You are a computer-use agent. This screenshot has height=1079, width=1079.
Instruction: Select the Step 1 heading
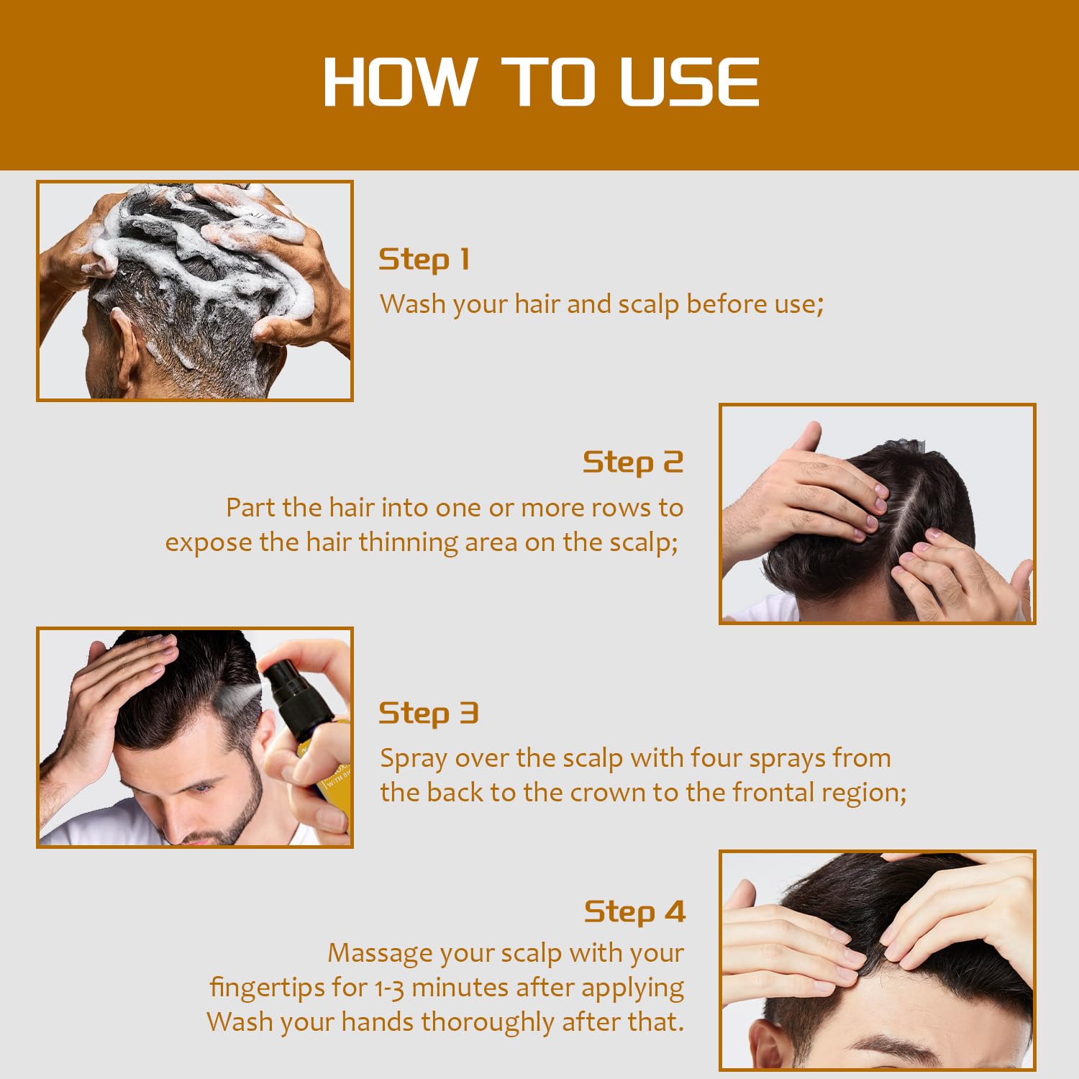point(424,259)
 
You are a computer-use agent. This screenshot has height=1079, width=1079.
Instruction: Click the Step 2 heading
point(632,463)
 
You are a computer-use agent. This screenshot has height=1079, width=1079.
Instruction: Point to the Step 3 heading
point(428,714)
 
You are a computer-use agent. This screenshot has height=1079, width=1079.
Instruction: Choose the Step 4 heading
point(634,911)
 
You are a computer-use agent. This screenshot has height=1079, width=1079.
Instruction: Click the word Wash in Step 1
point(412,304)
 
